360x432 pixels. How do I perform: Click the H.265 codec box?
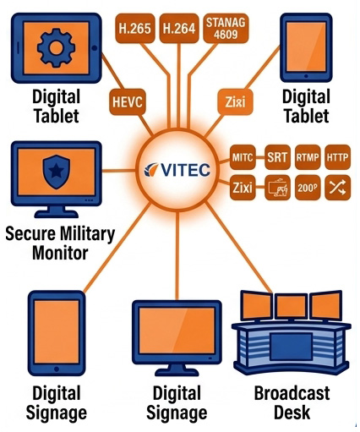(135, 28)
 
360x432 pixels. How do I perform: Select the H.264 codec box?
(179, 28)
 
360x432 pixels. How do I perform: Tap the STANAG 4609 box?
(226, 28)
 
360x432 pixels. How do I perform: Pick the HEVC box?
(128, 101)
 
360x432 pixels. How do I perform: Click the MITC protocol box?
(243, 157)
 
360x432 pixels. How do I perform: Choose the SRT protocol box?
(277, 157)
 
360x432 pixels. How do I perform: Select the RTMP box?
(308, 157)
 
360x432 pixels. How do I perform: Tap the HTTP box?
(337, 157)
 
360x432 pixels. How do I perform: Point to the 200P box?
(308, 188)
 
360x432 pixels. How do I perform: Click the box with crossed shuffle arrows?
(337, 188)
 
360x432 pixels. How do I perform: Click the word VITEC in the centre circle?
(185, 170)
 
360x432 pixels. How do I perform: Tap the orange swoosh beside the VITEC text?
(151, 169)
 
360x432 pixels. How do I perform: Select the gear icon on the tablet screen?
(56, 47)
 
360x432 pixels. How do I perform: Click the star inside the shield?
(57, 171)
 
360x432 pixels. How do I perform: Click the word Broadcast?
(292, 393)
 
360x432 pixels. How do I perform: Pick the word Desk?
(292, 413)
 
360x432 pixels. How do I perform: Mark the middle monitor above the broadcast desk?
(292, 306)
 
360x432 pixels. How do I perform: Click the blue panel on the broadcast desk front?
(292, 347)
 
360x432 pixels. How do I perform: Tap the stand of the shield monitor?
(57, 212)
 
